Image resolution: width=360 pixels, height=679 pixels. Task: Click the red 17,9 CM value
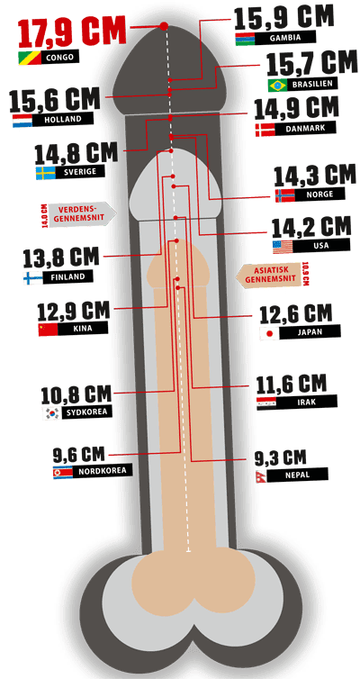(72, 32)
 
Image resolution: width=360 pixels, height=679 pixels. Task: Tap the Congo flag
(30, 57)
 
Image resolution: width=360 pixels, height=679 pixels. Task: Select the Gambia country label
(285, 38)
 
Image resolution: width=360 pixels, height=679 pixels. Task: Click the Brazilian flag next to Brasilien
(277, 86)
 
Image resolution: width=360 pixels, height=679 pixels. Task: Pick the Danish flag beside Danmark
(265, 130)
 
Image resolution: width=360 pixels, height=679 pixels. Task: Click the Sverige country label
(79, 171)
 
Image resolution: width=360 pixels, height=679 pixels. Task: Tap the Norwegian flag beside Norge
(284, 195)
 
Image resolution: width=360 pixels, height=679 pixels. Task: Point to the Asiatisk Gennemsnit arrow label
(268, 274)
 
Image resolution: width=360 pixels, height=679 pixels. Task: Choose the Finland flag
(33, 277)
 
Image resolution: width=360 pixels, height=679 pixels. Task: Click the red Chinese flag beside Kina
(48, 329)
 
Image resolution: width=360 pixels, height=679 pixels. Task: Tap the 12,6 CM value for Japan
(296, 315)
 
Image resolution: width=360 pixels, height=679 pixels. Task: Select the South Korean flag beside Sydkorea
(51, 413)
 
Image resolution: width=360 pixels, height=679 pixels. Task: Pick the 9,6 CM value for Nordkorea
(79, 455)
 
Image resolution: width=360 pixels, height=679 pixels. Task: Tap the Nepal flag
(261, 475)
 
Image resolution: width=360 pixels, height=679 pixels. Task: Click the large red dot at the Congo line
(164, 26)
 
